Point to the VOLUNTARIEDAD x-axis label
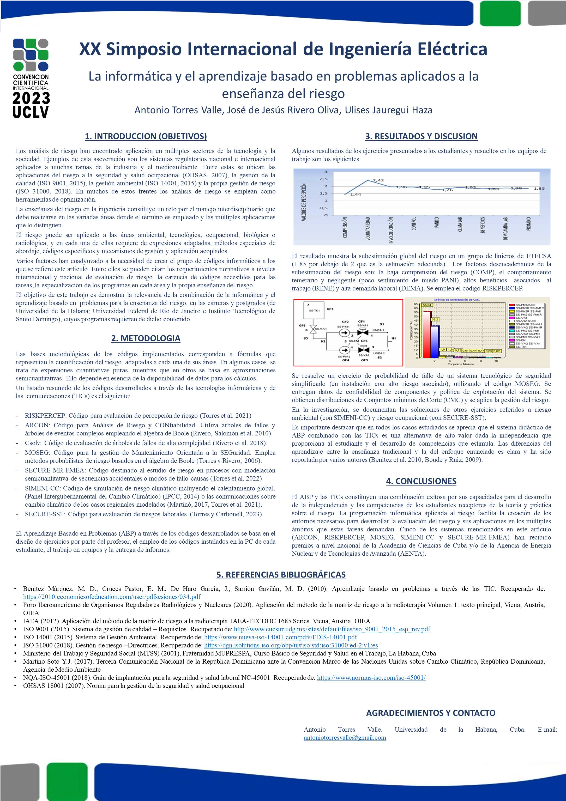tap(368, 228)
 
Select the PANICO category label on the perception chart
tap(437, 223)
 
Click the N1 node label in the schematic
tap(394, 338)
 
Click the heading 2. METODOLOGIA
tap(146, 338)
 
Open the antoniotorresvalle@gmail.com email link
tap(345, 737)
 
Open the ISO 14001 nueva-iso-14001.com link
tap(280, 637)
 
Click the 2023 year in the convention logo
tap(31, 98)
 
